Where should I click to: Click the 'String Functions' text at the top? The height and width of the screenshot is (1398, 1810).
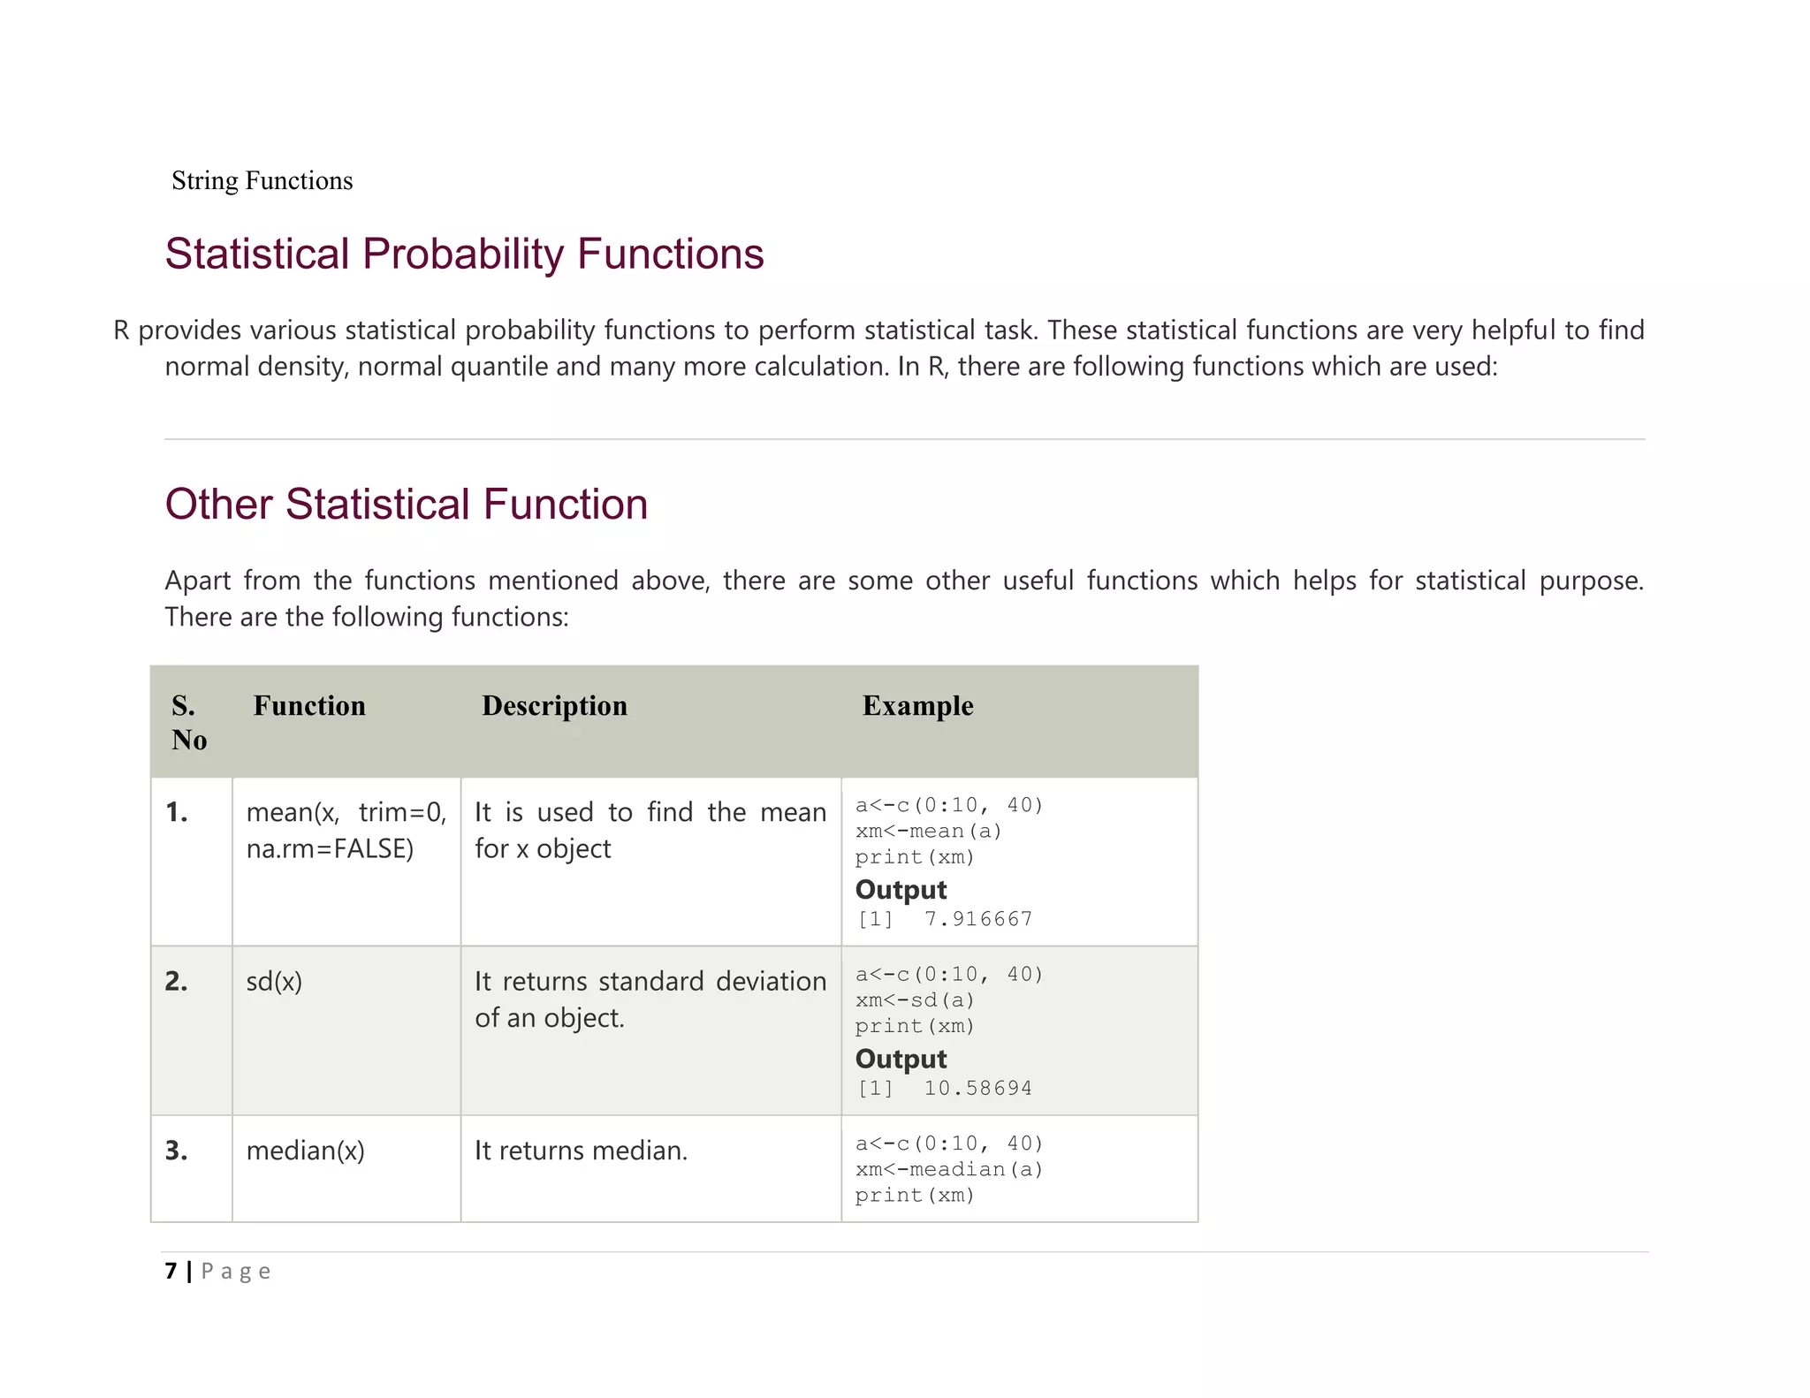click(262, 180)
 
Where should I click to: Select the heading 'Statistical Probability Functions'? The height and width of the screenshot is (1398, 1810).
click(464, 254)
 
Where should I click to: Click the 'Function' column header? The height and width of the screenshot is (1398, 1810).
click(309, 705)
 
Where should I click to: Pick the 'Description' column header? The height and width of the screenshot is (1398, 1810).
click(554, 705)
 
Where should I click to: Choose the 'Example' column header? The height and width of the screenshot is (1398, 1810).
click(917, 705)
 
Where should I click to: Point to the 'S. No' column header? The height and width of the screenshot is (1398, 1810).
click(189, 722)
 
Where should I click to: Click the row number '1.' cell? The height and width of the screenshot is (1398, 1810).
click(177, 812)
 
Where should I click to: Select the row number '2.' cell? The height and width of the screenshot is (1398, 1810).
click(177, 981)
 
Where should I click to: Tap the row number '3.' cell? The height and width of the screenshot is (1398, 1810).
click(177, 1151)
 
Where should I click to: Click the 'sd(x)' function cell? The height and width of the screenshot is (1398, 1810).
click(274, 981)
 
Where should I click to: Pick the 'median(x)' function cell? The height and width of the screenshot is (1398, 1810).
click(305, 1151)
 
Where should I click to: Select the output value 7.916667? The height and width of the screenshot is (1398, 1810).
click(977, 919)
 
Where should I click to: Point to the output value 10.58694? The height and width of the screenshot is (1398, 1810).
click(977, 1088)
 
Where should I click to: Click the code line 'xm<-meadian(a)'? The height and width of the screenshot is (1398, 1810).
click(949, 1169)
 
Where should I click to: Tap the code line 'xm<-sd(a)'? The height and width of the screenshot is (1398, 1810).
click(915, 1000)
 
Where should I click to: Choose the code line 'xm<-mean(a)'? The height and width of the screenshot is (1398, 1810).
click(928, 832)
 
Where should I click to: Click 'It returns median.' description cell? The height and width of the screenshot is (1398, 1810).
click(581, 1151)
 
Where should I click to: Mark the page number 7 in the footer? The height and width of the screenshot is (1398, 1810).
click(171, 1271)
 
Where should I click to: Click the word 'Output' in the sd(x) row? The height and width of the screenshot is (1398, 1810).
click(901, 1059)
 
